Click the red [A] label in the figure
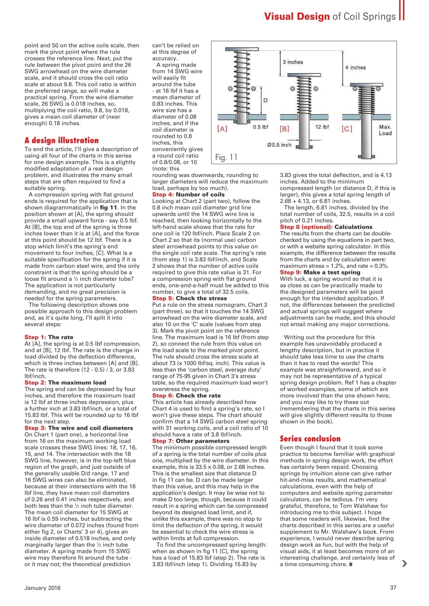pos(222,128)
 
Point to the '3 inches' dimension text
pos(293,62)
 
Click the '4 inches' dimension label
pos(355,68)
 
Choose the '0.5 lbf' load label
pos(261,127)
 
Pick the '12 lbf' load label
pos(322,127)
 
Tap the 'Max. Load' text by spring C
pos(385,130)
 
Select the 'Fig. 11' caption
pos(226,157)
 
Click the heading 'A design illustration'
pos(62,141)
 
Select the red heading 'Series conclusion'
pos(310,438)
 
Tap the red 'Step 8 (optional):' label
pos(306,227)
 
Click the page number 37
pos(392,588)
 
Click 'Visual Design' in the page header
pos(296,17)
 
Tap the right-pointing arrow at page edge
pos(404,563)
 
